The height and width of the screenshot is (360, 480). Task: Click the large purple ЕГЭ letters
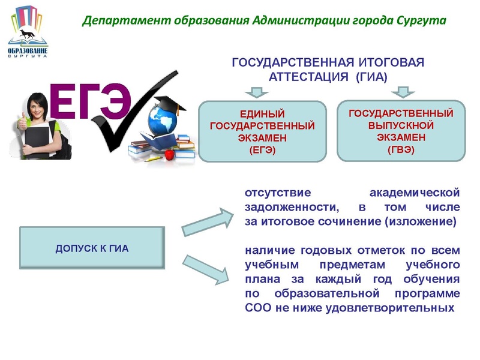(90, 100)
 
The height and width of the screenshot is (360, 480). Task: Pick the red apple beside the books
(170, 155)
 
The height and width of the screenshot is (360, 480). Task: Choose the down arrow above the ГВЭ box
(400, 91)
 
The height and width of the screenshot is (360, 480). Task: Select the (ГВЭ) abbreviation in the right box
(401, 149)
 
